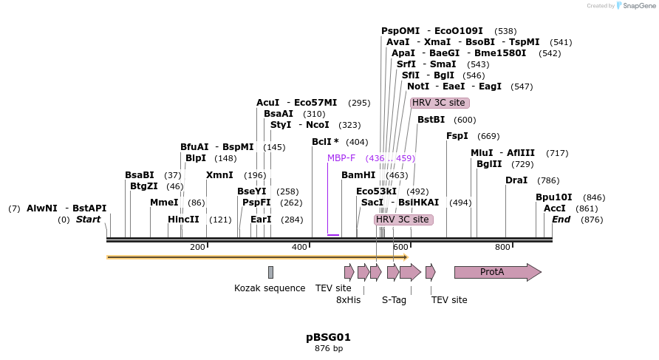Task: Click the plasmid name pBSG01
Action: (x=329, y=337)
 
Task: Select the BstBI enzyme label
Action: (x=431, y=120)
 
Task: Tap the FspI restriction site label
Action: (x=457, y=136)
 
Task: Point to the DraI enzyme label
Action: (x=516, y=180)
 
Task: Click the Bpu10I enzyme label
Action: (x=554, y=197)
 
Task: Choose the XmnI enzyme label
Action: (x=219, y=175)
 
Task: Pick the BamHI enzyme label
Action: (x=358, y=175)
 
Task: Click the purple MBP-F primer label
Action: (x=341, y=158)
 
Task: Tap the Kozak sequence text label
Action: (x=270, y=288)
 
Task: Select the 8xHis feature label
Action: (x=348, y=300)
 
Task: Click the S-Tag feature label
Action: (x=394, y=300)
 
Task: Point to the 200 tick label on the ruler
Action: (x=197, y=247)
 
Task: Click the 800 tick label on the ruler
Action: (x=502, y=247)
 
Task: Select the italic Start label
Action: (x=88, y=220)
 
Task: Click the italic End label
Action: (x=561, y=220)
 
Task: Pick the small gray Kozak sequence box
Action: (x=270, y=272)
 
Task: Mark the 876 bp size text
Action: (x=329, y=348)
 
